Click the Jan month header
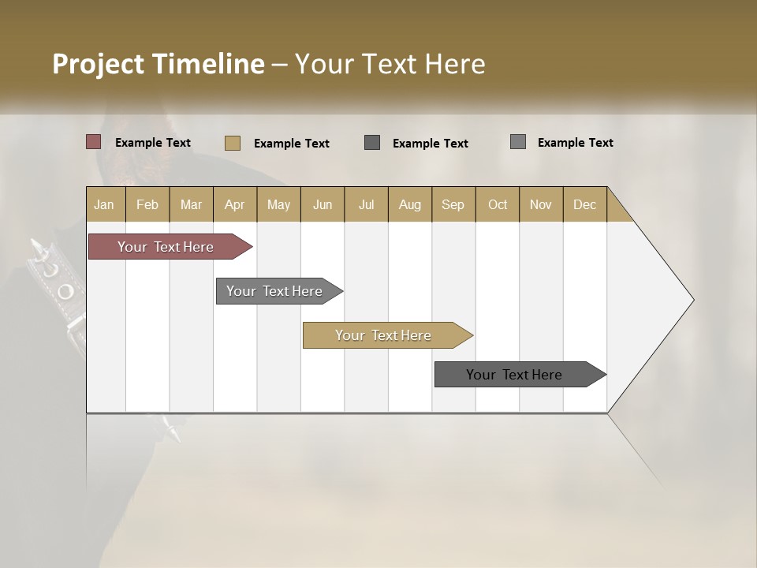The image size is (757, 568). pyautogui.click(x=105, y=204)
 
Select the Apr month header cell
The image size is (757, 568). pyautogui.click(x=235, y=204)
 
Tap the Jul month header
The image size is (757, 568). pyautogui.click(x=366, y=204)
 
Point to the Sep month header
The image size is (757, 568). pyautogui.click(x=453, y=204)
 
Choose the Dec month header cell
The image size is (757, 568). pyautogui.click(x=584, y=204)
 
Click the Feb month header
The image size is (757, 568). pyautogui.click(x=147, y=204)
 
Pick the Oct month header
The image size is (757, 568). pyautogui.click(x=498, y=204)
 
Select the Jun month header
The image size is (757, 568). pyautogui.click(x=323, y=204)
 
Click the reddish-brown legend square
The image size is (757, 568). pyautogui.click(x=94, y=142)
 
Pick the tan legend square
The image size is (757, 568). pyautogui.click(x=232, y=143)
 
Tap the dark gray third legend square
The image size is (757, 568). pyautogui.click(x=372, y=143)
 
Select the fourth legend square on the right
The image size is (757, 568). pyautogui.click(x=518, y=142)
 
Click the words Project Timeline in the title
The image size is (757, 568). pyautogui.click(x=158, y=64)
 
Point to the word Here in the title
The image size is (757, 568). pyautogui.click(x=454, y=64)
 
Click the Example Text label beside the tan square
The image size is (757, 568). pyautogui.click(x=291, y=144)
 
